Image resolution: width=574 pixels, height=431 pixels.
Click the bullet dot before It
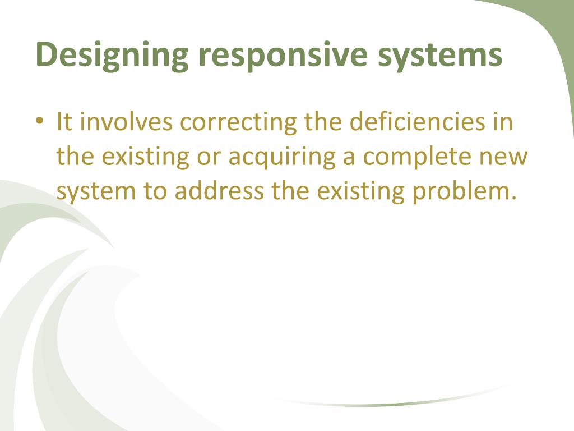tap(40, 122)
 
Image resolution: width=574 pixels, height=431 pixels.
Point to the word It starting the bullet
tap(64, 122)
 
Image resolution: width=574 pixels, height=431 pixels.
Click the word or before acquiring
tap(209, 157)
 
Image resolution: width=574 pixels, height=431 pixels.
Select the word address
tap(219, 191)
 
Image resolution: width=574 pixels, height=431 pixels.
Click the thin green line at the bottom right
tap(392, 402)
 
